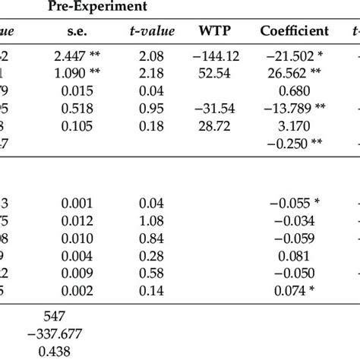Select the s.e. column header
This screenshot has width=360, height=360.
(77, 31)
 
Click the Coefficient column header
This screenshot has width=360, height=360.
(294, 31)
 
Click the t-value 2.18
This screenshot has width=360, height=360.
(153, 74)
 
